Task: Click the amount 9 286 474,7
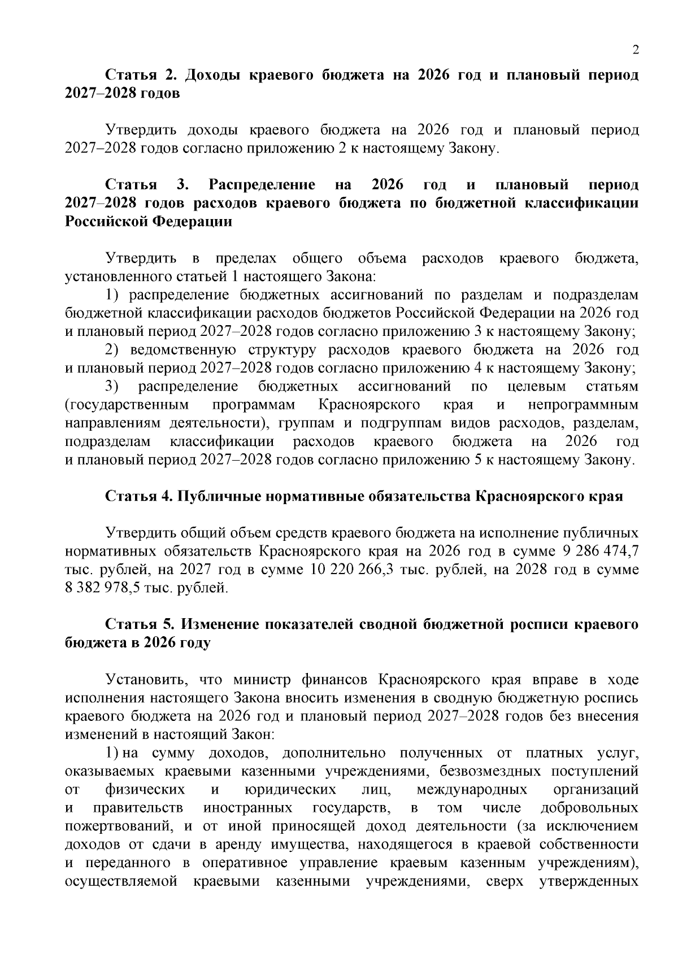click(601, 550)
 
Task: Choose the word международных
click(472, 789)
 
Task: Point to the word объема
click(382, 259)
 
